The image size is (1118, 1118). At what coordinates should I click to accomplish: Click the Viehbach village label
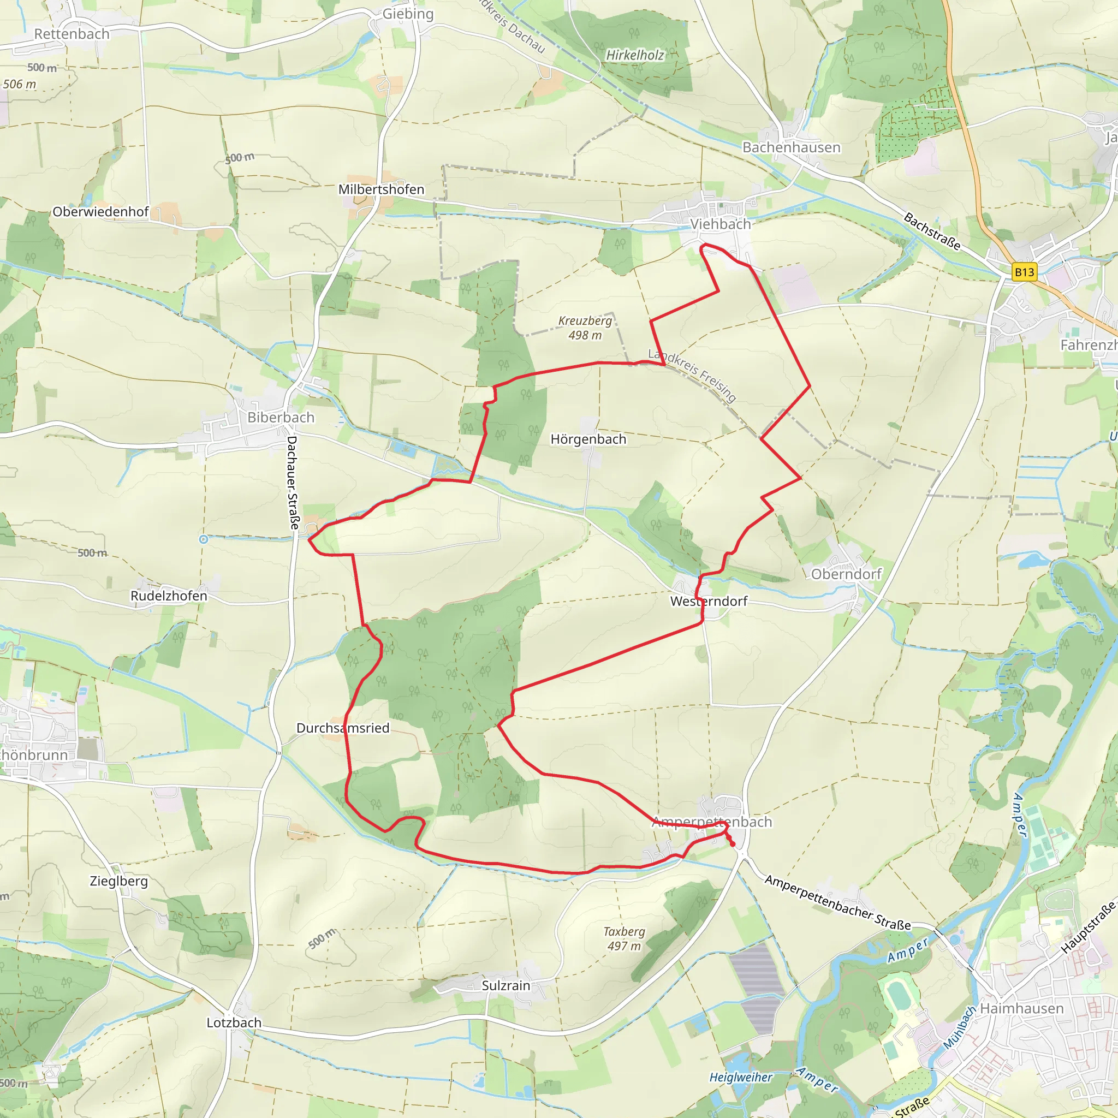(x=720, y=224)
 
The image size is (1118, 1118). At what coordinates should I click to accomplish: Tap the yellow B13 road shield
(x=1024, y=272)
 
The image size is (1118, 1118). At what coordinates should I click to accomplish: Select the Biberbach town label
(x=281, y=417)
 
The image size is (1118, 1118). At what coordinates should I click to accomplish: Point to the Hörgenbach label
(x=588, y=439)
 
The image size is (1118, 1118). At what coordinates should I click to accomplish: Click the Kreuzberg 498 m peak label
(x=585, y=328)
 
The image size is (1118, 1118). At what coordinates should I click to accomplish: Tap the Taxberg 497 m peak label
(x=624, y=938)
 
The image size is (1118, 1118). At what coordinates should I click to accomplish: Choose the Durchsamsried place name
(x=343, y=728)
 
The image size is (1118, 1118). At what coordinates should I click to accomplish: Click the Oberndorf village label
(x=846, y=574)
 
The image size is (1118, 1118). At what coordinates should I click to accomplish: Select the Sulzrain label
(x=506, y=985)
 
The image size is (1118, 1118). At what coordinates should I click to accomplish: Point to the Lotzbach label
(x=234, y=1022)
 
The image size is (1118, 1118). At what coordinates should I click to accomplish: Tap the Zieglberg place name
(x=118, y=881)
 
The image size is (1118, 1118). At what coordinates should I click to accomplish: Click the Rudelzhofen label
(x=168, y=596)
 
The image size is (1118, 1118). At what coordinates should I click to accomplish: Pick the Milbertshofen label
(x=382, y=190)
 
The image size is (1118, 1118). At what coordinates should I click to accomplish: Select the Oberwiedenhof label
(x=100, y=212)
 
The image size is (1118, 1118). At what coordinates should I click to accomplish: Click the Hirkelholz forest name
(x=635, y=56)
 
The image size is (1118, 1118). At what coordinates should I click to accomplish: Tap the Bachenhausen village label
(x=791, y=147)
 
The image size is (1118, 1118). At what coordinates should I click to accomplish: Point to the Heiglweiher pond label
(x=741, y=1077)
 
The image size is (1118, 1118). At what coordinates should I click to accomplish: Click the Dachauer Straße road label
(x=293, y=483)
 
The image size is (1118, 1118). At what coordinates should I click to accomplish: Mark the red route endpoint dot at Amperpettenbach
(x=733, y=845)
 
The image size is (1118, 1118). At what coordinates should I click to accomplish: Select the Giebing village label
(x=408, y=14)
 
